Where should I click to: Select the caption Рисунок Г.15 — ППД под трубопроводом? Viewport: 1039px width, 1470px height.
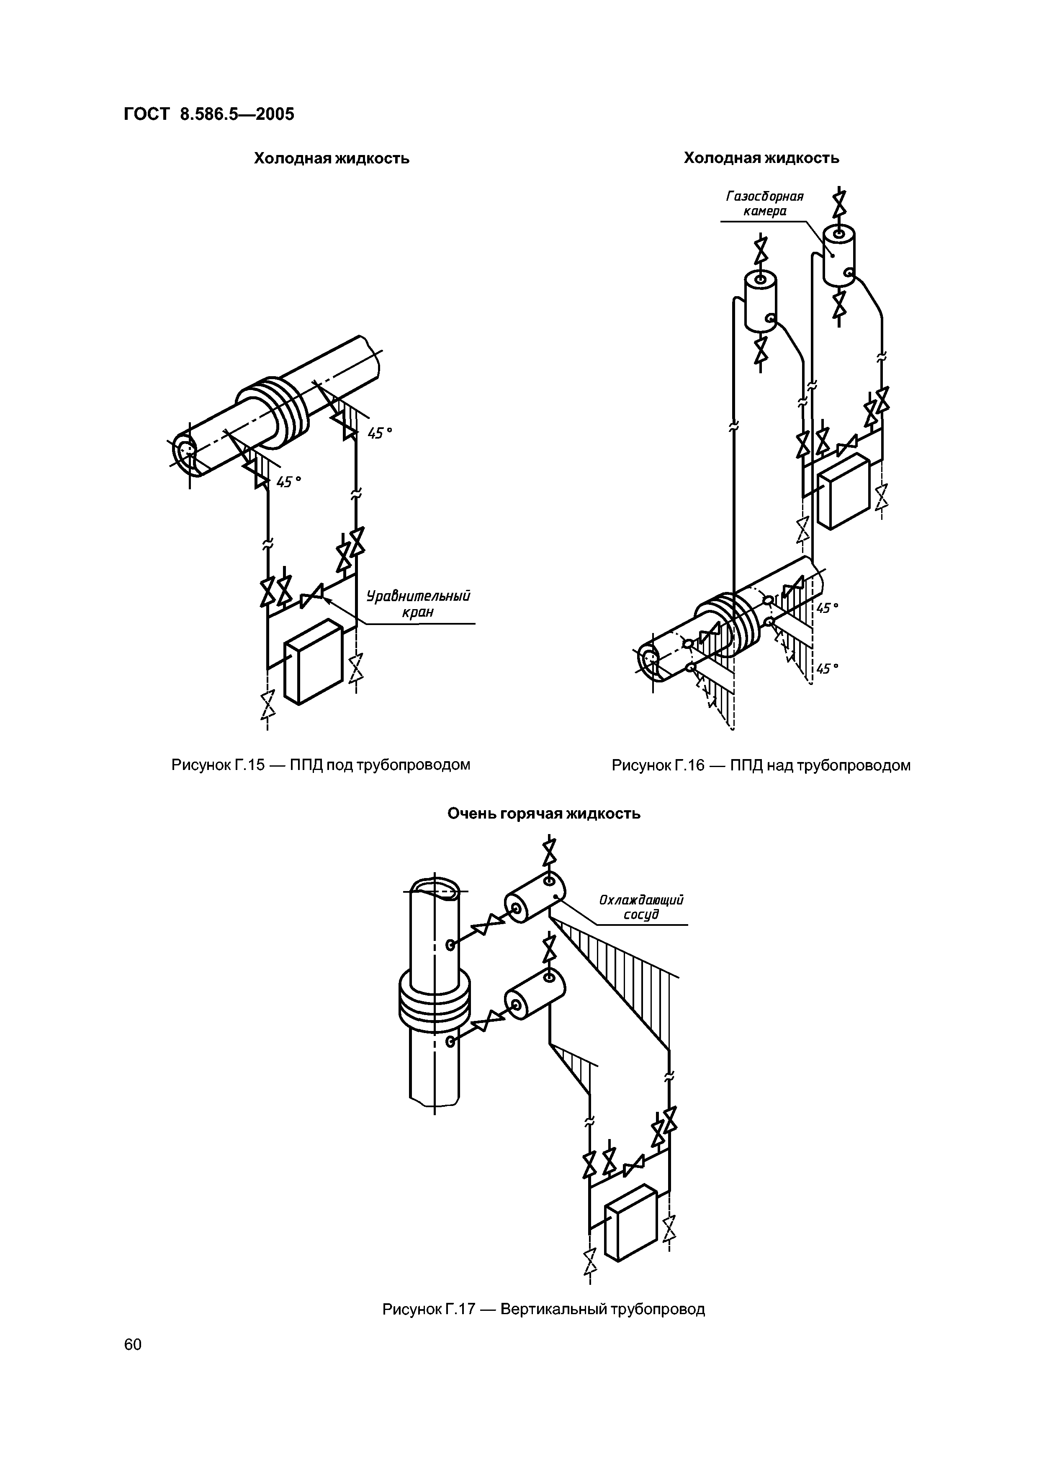(321, 765)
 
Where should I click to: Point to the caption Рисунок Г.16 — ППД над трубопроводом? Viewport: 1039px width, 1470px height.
(761, 765)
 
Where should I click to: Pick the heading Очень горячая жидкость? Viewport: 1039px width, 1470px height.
(544, 814)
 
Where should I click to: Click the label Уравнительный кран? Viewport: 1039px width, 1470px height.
(418, 604)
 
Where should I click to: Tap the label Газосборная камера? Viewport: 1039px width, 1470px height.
(764, 203)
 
